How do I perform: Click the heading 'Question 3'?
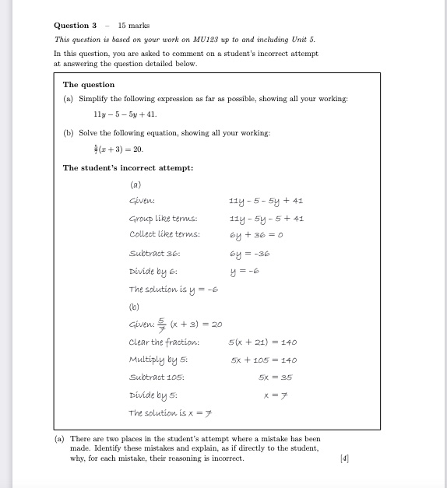(76, 26)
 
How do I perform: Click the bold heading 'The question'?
(88, 84)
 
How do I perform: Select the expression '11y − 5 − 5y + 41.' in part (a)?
(124, 114)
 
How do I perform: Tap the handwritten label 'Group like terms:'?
(163, 219)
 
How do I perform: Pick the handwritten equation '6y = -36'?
(249, 253)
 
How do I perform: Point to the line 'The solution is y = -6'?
(173, 290)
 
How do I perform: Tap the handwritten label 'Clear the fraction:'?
(164, 342)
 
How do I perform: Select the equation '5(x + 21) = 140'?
(262, 342)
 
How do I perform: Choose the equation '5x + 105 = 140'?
(263, 360)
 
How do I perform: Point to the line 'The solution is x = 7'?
(171, 413)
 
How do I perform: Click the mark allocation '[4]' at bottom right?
(344, 458)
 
